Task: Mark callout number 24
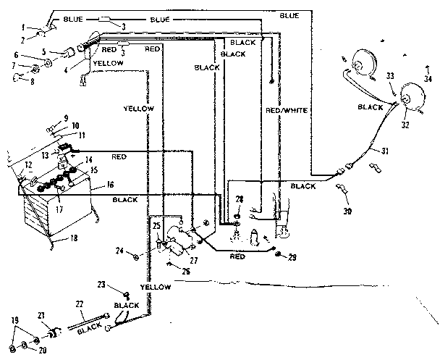tap(118, 252)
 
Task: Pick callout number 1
tap(24, 27)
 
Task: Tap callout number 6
tap(16, 55)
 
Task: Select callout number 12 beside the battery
tap(27, 166)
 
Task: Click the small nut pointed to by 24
tap(136, 254)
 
